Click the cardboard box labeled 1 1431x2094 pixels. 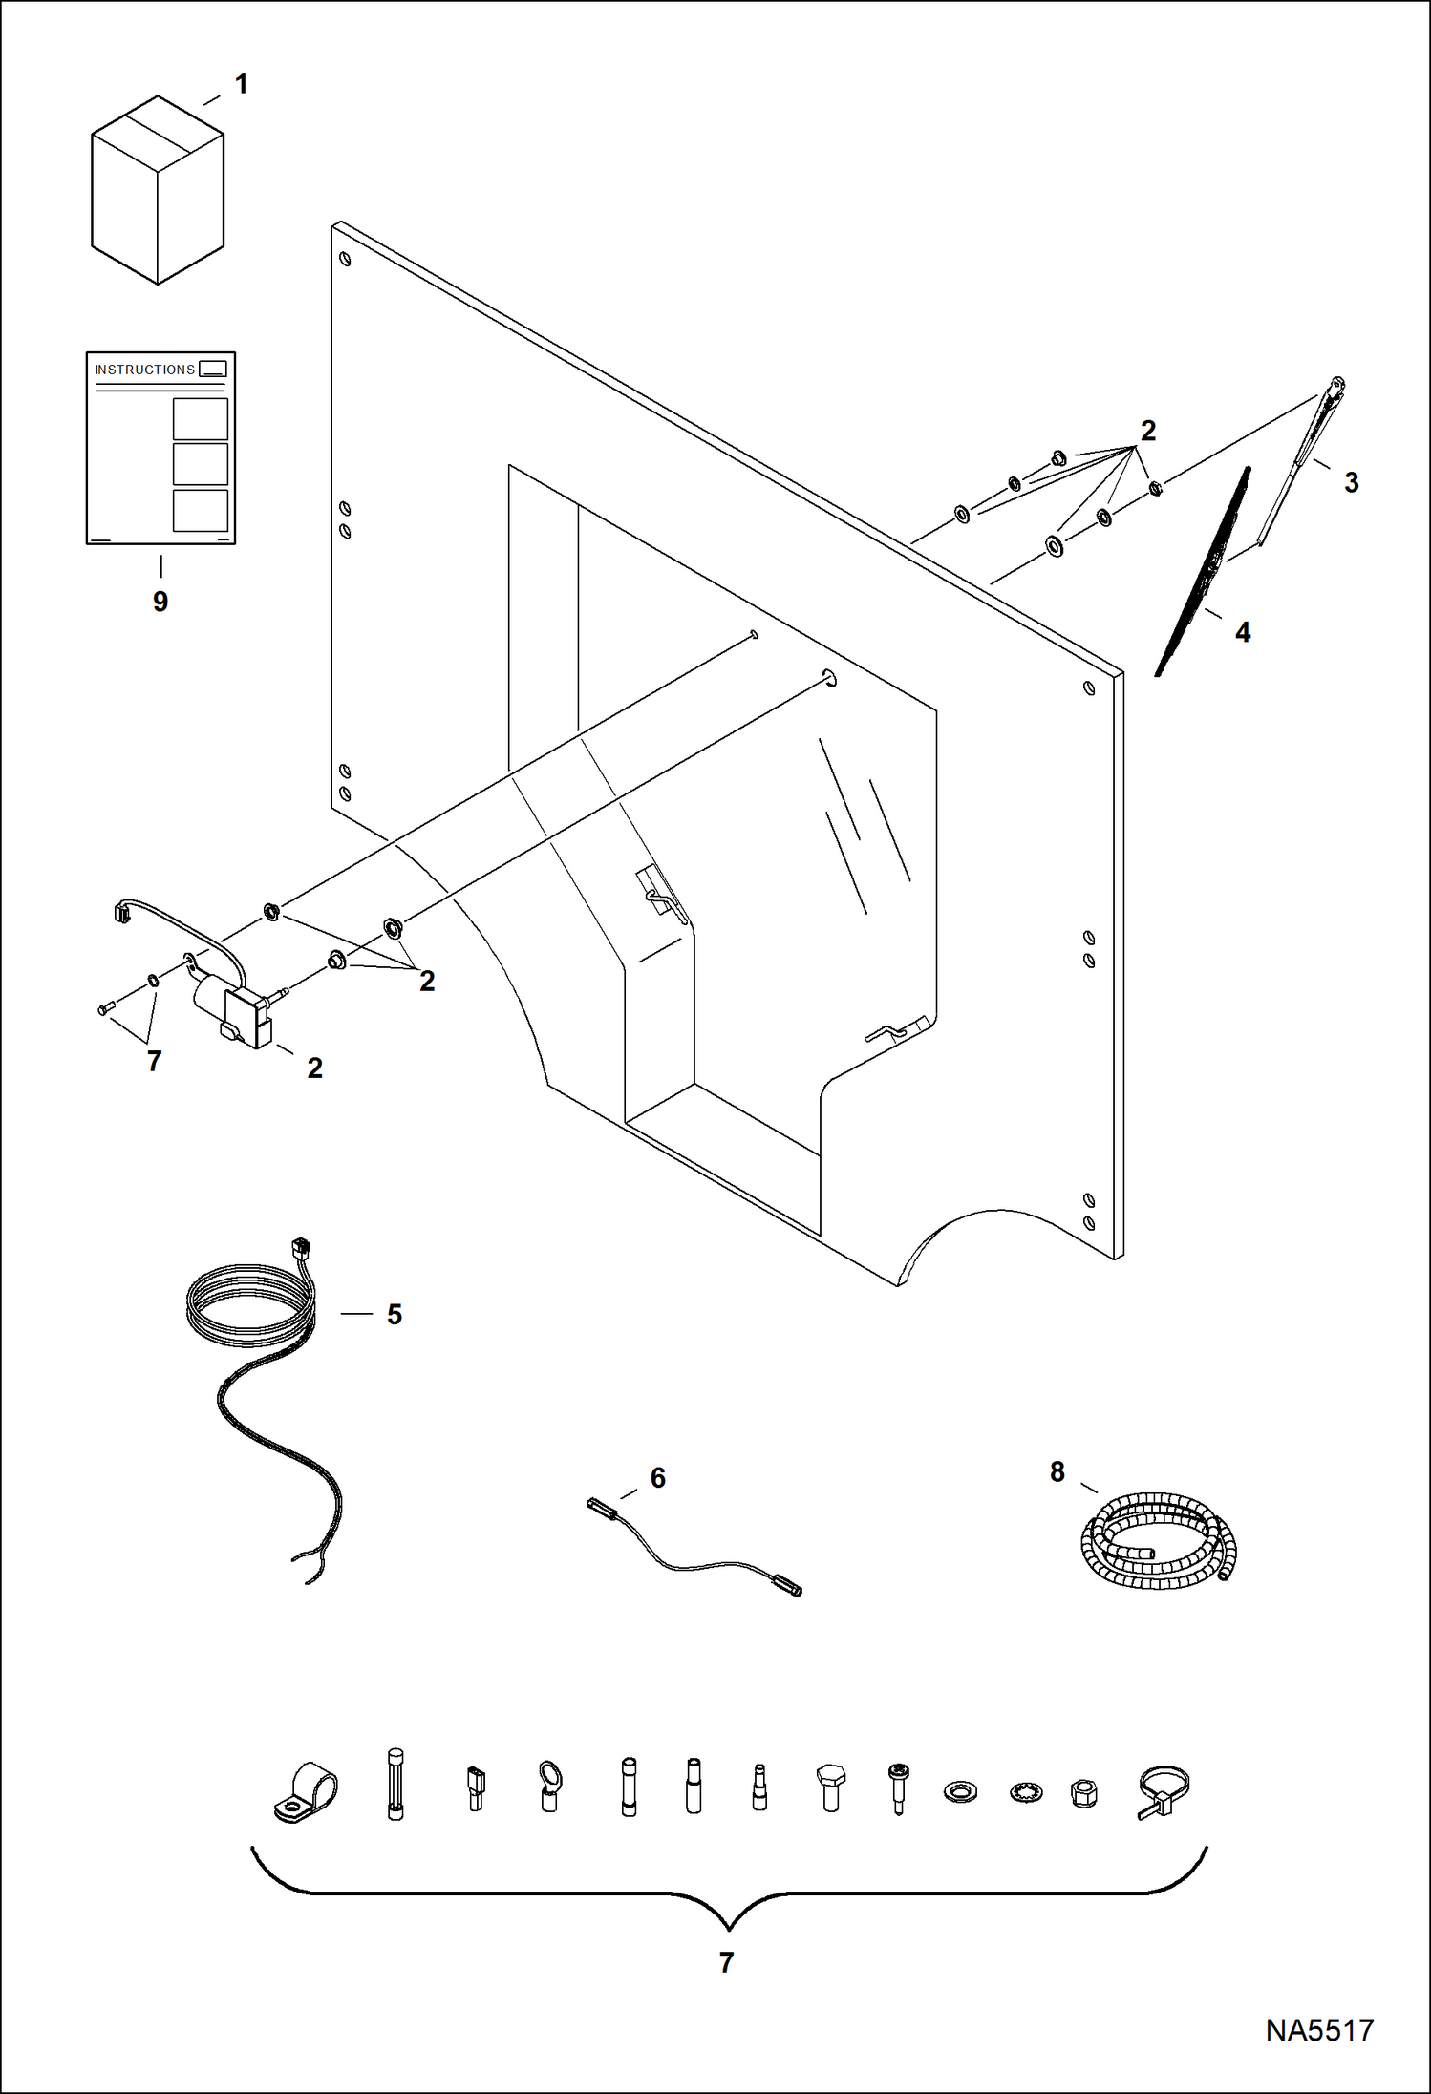[x=158, y=191]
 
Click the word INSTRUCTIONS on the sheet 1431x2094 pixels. [x=144, y=370]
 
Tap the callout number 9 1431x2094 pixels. [x=160, y=602]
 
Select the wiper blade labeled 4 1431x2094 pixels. [x=1204, y=573]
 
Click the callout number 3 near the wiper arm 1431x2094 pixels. [x=1351, y=482]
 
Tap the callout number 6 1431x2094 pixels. [x=657, y=1478]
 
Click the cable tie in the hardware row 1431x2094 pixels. [x=1164, y=1791]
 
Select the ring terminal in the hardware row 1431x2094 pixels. [x=550, y=1786]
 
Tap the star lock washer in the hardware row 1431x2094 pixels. [x=1025, y=1792]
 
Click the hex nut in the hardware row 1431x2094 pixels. [x=1083, y=1792]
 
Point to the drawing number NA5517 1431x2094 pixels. [x=1319, y=2030]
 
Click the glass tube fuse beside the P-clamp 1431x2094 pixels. [x=395, y=1784]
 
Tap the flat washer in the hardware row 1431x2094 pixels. [x=960, y=1791]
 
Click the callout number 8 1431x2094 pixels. [x=1057, y=1471]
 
